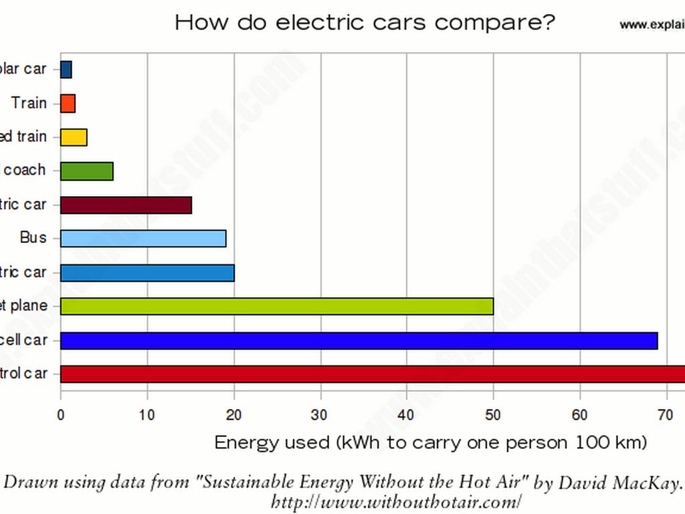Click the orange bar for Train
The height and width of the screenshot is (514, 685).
68,103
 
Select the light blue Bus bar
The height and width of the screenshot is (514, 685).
143,238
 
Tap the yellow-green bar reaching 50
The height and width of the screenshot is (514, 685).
277,306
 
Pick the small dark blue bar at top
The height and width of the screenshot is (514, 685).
66,69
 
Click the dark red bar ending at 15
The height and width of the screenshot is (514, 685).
126,205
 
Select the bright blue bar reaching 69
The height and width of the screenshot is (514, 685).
359,340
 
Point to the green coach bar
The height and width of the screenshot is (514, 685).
87,171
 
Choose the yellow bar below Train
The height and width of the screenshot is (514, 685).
74,137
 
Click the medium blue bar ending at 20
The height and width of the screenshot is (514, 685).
147,272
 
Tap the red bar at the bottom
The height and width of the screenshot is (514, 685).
373,374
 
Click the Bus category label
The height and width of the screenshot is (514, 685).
33,238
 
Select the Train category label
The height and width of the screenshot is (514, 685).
29,103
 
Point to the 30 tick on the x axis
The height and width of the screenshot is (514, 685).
320,415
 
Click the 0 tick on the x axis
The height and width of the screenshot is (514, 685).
61,415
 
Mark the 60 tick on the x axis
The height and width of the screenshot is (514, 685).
580,415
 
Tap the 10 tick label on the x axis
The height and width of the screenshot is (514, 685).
147,415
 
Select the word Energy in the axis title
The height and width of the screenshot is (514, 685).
243,442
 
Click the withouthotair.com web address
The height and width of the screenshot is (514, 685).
395,501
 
